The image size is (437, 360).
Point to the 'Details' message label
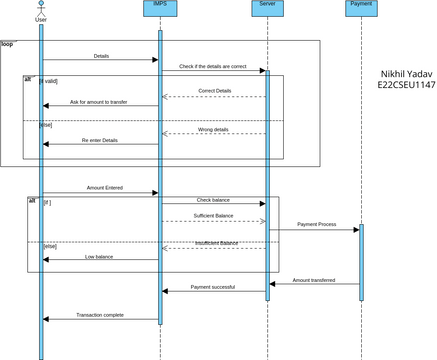pos(101,56)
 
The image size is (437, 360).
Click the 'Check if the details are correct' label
pos(213,66)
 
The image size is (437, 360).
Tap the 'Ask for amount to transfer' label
pos(99,101)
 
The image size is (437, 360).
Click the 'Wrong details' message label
pos(213,130)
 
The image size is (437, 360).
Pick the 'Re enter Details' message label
pos(99,140)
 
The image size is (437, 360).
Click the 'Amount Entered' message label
pos(104,187)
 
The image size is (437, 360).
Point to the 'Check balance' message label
pos(212,199)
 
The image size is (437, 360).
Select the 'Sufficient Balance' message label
pos(212,215)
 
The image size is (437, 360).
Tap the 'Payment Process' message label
pos(316,225)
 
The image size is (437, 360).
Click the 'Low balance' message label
pos(97,256)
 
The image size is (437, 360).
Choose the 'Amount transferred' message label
pos(314,281)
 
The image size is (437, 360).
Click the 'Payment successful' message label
pos(212,287)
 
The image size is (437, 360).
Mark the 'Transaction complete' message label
pos(100,315)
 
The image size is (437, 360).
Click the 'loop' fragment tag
pos(8,44)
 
